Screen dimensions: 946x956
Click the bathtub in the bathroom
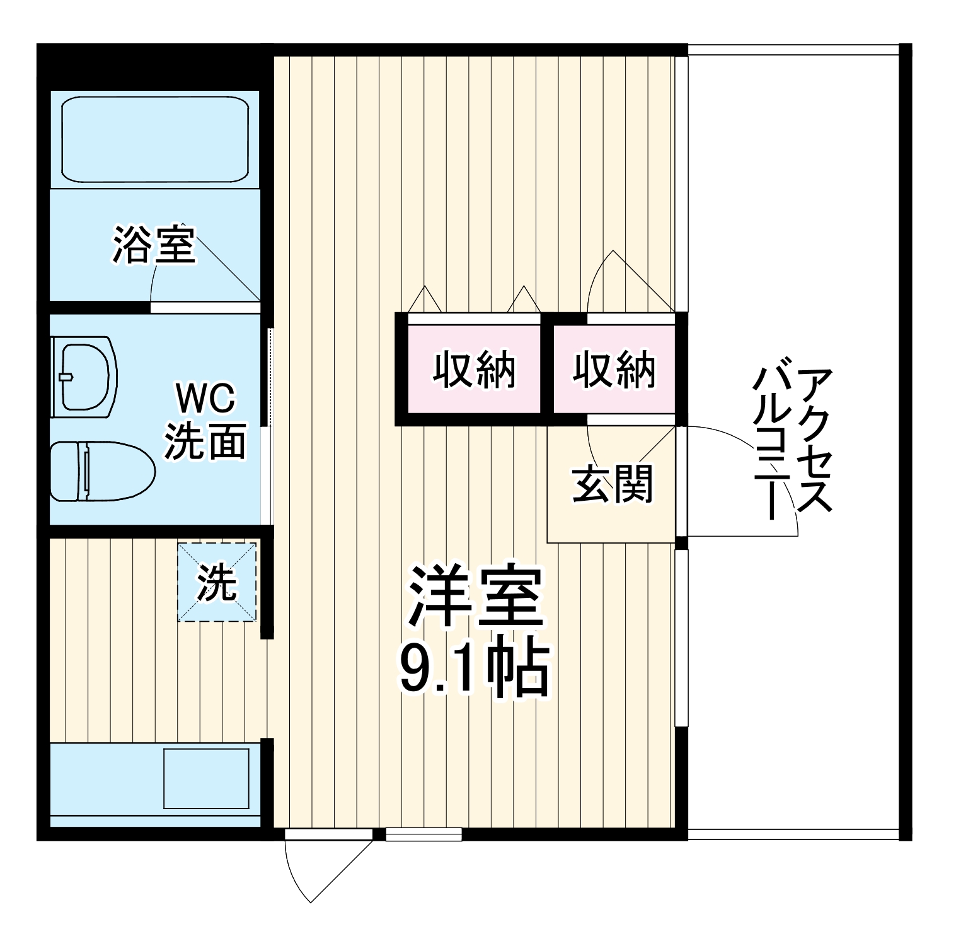pos(154,139)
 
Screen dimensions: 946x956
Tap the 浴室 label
pos(154,245)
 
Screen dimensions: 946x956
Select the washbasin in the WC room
pos(86,377)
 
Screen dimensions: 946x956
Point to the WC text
pos(205,399)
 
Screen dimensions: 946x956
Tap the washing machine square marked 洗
pos(217,582)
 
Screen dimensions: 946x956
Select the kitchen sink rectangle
pos(206,778)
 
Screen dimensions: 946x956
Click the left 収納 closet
pos(474,370)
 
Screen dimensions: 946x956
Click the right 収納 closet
pos(614,370)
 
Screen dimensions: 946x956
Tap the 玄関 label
pos(613,484)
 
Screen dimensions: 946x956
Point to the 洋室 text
pos(475,597)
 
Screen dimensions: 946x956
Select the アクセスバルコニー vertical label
pos(794,441)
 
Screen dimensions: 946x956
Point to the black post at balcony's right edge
pos(905,221)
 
